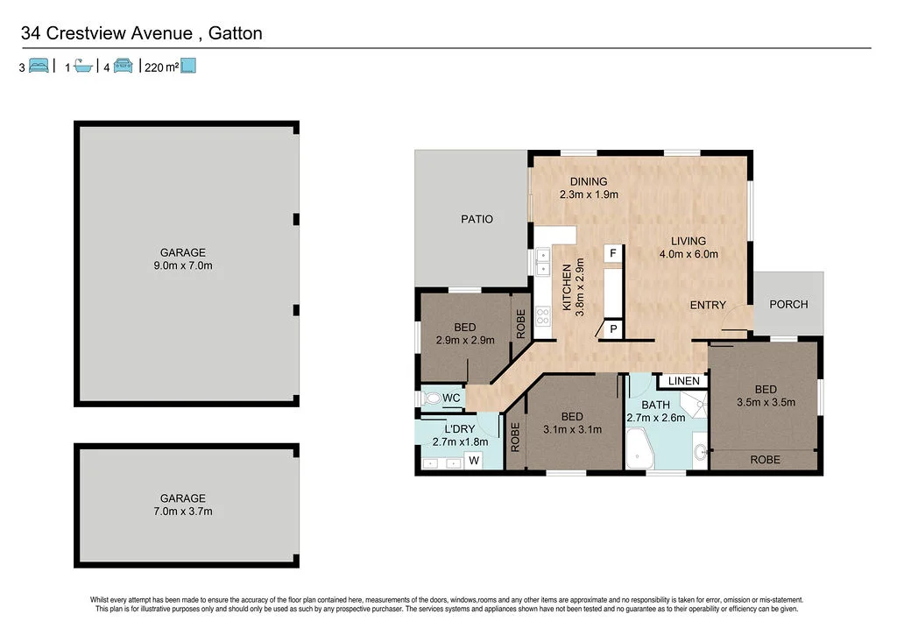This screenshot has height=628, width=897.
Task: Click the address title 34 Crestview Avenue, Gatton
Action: (x=141, y=34)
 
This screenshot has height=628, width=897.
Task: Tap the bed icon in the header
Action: (x=39, y=67)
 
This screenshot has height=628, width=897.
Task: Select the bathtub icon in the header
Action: (x=83, y=67)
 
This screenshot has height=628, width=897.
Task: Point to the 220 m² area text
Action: (x=160, y=67)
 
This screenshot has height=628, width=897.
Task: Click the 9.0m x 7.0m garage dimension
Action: (x=182, y=265)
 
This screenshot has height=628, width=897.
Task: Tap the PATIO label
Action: (x=477, y=219)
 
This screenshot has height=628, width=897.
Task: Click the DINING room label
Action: (x=589, y=181)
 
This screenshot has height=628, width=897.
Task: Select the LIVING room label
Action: (x=688, y=241)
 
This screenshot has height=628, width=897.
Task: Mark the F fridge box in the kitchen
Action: (x=613, y=253)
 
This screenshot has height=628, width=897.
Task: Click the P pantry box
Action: (x=613, y=329)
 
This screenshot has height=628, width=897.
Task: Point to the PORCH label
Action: (x=788, y=304)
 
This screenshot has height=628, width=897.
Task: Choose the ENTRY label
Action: (x=708, y=305)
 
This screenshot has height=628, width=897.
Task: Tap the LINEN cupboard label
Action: (x=683, y=381)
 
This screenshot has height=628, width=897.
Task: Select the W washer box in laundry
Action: (x=473, y=460)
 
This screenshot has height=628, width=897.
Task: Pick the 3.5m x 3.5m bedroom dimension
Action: (x=766, y=404)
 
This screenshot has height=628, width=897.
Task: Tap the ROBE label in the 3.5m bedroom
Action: (x=766, y=459)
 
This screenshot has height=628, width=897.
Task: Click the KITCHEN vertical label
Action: (x=567, y=289)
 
